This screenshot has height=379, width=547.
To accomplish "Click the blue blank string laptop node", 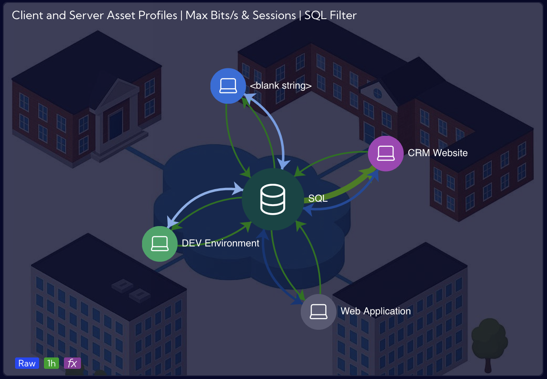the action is [x=228, y=86].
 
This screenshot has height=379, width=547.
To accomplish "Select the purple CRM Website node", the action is [x=385, y=153].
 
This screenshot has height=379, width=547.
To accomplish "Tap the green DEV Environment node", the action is [x=160, y=244].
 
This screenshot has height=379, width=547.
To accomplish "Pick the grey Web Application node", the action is [x=318, y=312].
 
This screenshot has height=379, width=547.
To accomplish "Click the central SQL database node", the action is [x=273, y=199].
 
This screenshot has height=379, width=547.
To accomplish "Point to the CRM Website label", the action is [x=438, y=153].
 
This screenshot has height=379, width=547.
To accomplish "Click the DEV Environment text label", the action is [x=221, y=243].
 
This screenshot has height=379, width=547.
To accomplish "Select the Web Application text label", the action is [x=376, y=311].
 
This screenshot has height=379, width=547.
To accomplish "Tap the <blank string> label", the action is [x=280, y=86].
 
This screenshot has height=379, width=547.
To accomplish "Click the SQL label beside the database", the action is [x=318, y=198].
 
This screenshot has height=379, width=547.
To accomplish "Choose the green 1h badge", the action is [x=51, y=363].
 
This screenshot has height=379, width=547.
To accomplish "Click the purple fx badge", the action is [x=72, y=363].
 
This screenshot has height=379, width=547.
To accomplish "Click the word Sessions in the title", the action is [x=274, y=15].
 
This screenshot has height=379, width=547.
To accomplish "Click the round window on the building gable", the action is [x=378, y=93].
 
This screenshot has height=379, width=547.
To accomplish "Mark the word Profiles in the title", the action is [x=158, y=15].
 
